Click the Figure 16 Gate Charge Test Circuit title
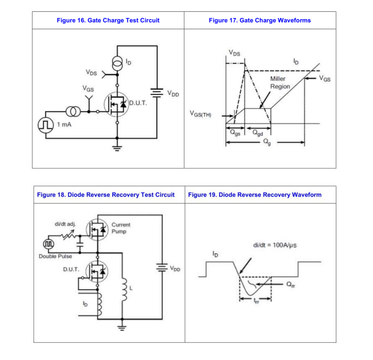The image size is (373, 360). point(108,20)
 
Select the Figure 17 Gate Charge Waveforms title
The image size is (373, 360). point(260,20)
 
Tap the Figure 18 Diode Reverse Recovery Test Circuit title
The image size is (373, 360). point(106,195)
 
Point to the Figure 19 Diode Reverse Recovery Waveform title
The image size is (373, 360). point(255,195)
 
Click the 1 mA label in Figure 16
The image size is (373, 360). point(64,125)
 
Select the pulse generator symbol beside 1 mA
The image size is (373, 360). point(46,125)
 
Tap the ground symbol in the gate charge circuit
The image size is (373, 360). point(117,148)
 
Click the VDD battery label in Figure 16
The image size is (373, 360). point(173,93)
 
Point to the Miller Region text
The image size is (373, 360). point(280,83)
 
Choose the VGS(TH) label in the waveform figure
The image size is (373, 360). point(201,114)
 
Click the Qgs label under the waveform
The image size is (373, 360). point(235,133)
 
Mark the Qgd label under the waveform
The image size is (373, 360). point(258,133)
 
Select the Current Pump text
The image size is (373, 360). point(121,228)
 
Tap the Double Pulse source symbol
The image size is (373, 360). point(48,244)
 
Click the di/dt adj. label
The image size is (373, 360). point(65,224)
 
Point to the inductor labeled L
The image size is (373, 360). point(124,289)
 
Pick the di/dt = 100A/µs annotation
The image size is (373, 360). point(275,245)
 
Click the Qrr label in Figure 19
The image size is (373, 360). point(291,285)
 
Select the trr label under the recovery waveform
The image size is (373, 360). point(256,301)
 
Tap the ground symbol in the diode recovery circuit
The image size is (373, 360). point(122,328)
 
